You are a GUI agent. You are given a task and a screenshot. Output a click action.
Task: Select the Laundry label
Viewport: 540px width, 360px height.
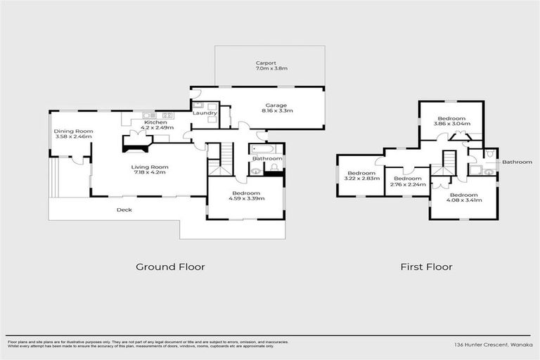(205, 113)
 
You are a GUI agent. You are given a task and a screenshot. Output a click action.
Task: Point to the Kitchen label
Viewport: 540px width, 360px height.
(155, 122)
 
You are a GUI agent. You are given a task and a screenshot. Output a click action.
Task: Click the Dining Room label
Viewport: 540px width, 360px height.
(74, 131)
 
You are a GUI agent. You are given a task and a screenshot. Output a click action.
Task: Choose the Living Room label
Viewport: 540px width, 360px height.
(150, 167)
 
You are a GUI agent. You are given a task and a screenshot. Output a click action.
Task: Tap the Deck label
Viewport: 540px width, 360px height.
(124, 210)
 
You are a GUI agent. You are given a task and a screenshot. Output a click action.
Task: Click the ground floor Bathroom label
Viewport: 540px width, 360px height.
(267, 159)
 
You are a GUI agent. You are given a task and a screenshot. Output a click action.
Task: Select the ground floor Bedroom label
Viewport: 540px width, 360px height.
(244, 193)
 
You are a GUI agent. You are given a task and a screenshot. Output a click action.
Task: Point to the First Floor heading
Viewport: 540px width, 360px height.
(426, 266)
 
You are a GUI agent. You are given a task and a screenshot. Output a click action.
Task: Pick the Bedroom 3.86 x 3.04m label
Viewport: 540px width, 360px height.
(451, 118)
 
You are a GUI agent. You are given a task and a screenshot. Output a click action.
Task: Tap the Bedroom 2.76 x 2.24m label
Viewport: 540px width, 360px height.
(407, 179)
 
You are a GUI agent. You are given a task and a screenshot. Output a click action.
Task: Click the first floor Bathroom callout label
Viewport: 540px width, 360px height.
(517, 162)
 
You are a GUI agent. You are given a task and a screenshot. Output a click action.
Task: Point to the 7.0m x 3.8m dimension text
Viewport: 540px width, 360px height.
(271, 69)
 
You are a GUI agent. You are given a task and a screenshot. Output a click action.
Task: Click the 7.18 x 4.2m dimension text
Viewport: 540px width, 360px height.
(150, 172)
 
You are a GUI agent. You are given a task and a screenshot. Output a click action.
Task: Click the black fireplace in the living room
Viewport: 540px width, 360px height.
(136, 143)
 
